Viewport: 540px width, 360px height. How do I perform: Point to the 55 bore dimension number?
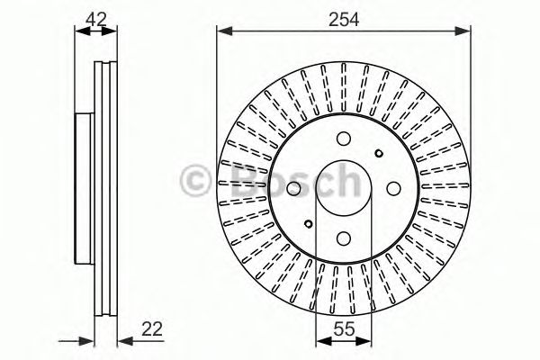[x=343, y=329]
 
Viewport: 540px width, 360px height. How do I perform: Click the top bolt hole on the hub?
[x=343, y=139]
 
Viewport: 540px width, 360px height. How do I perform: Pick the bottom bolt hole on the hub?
[x=343, y=238]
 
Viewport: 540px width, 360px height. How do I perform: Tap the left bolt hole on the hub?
[x=294, y=188]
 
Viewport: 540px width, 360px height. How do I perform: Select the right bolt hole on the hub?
[x=392, y=188]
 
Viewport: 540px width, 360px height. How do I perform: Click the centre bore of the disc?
[x=343, y=188]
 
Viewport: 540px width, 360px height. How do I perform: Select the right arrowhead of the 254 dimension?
[x=465, y=31]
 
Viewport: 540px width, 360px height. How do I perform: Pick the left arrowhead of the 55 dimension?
[x=321, y=342]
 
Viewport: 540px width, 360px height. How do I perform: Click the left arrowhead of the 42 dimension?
[x=78, y=31]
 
